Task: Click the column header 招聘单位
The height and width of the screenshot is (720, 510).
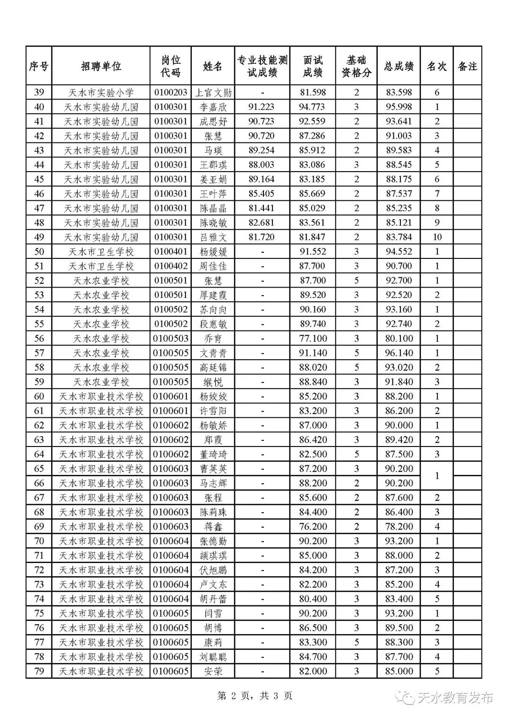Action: (x=101, y=66)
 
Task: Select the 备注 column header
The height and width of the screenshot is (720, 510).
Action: (x=467, y=66)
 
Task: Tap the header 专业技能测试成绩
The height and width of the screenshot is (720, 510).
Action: (x=263, y=66)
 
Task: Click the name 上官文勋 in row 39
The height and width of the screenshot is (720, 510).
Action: (x=213, y=92)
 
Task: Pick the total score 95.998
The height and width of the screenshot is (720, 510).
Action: (x=399, y=107)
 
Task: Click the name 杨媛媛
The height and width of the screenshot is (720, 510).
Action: (x=213, y=252)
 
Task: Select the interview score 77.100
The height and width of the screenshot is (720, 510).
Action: (x=313, y=339)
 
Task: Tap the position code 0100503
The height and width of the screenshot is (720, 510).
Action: (x=170, y=339)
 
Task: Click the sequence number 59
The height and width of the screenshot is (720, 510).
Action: (x=39, y=382)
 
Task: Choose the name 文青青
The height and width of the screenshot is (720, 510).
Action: (x=213, y=353)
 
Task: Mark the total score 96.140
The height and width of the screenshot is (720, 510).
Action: (x=399, y=353)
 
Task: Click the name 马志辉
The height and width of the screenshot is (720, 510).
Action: (x=213, y=483)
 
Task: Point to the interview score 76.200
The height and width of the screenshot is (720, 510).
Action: (x=313, y=527)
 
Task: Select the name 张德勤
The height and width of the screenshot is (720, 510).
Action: (x=213, y=541)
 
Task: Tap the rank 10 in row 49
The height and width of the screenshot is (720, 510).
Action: (x=437, y=237)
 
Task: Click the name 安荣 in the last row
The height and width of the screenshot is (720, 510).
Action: (x=213, y=671)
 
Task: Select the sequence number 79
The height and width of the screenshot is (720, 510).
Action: (x=39, y=671)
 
